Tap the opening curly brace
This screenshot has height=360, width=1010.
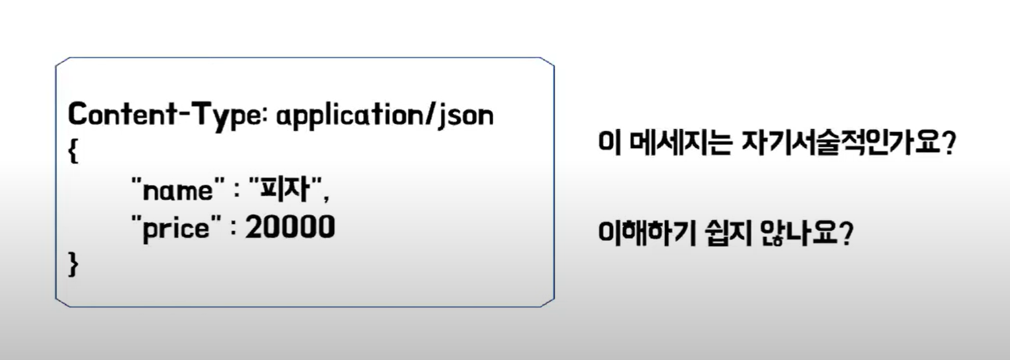pos(73,154)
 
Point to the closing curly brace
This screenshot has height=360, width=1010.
pos(73,265)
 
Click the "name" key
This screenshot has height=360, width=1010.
pos(172,190)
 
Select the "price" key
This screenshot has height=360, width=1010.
pos(172,228)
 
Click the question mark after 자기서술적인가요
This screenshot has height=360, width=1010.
pos(948,143)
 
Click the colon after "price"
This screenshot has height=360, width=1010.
pos(232,229)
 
